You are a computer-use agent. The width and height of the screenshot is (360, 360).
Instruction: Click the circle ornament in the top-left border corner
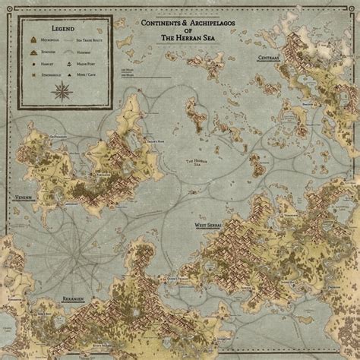pyautogui.click(x=8, y=8)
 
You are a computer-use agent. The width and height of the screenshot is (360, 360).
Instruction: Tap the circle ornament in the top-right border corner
pyautogui.click(x=352, y=8)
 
